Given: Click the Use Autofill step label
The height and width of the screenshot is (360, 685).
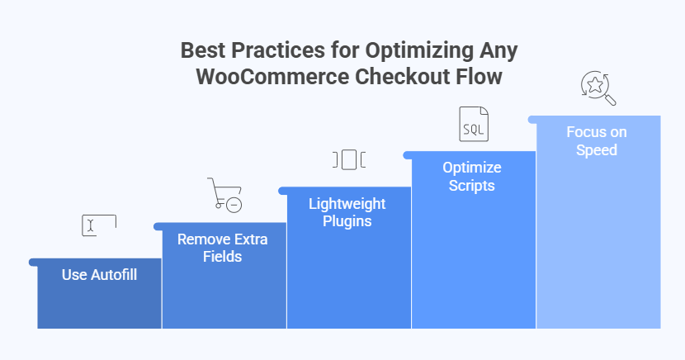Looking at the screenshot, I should click(x=99, y=274).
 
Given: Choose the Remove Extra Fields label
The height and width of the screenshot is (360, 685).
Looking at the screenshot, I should click(x=222, y=248).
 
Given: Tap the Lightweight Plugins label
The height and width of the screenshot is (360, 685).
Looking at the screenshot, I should click(x=347, y=212).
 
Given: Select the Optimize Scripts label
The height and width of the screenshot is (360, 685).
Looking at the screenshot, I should click(x=472, y=176).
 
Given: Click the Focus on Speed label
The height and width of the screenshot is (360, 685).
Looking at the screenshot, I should click(x=597, y=140).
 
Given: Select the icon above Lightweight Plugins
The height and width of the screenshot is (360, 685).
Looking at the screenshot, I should click(x=348, y=159).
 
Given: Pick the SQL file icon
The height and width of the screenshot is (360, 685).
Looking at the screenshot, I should click(x=473, y=124).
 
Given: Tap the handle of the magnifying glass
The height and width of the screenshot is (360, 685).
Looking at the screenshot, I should click(x=611, y=101).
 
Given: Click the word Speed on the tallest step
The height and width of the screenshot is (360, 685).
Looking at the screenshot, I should click(x=598, y=149).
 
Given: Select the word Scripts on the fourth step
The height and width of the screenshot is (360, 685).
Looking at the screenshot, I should click(x=472, y=185).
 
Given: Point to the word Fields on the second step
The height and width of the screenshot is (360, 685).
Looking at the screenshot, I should click(x=222, y=257).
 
